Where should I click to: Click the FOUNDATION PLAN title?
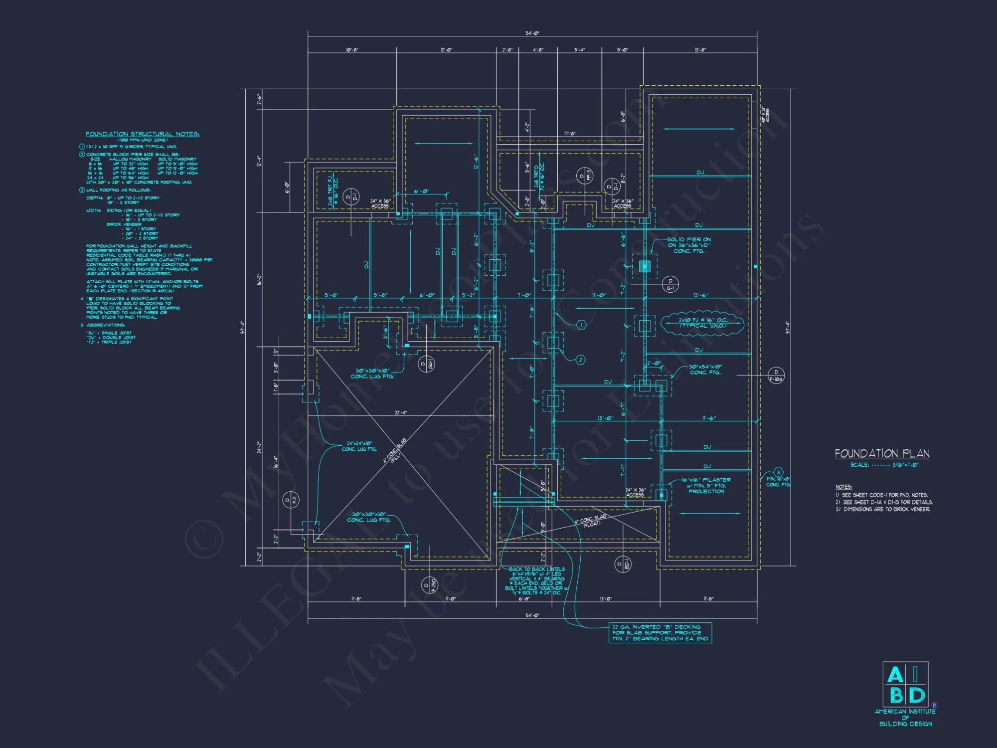coord(882,453)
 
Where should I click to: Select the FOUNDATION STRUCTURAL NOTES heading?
coord(142,134)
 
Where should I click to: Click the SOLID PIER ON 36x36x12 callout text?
coord(688,245)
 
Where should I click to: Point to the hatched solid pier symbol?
coord(645,266)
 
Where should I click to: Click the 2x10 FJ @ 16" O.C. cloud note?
coord(702,323)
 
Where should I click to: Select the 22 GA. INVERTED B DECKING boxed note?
coord(660,632)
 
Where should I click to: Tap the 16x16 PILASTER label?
coord(706,485)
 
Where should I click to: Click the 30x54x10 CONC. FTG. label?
coord(705,370)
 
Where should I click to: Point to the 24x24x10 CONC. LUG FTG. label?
coord(359,446)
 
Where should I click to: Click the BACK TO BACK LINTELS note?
coord(536,580)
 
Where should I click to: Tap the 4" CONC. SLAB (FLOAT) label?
coord(590,520)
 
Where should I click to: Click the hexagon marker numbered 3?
coord(778,472)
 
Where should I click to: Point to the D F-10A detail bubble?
coord(776,375)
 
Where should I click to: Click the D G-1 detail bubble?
coord(670,284)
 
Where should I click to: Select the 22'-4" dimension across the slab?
coord(400,412)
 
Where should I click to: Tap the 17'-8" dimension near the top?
coord(569,134)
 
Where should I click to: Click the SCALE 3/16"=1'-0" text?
coord(884,465)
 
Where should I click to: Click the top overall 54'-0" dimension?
coord(532,33)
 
